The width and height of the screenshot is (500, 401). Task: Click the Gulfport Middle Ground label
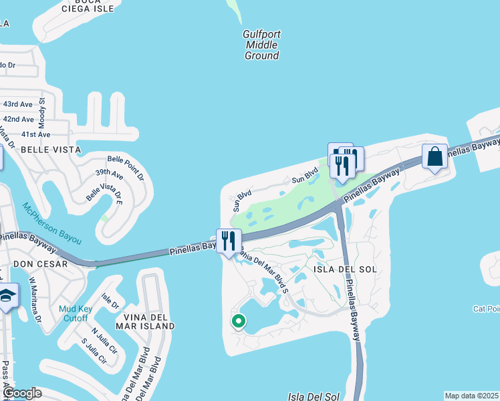click(x=261, y=45)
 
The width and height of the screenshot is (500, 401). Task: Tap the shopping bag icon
click(x=434, y=158)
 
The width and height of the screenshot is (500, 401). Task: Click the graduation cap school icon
click(x=7, y=296)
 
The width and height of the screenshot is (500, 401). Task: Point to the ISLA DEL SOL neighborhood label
click(x=345, y=269)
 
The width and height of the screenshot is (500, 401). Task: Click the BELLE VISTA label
click(x=51, y=150)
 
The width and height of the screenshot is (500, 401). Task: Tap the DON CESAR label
click(x=40, y=264)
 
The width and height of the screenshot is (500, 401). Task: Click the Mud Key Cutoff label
click(x=74, y=313)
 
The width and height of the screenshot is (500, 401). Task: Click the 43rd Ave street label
click(x=18, y=105)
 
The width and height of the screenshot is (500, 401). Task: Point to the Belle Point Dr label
click(x=126, y=168)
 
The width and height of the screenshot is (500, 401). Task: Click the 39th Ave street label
click(x=108, y=175)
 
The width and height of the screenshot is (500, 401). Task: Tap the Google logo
click(x=21, y=394)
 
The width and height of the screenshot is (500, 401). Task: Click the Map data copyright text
click(x=472, y=396)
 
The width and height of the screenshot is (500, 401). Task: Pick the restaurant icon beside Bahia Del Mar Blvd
click(x=229, y=241)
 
